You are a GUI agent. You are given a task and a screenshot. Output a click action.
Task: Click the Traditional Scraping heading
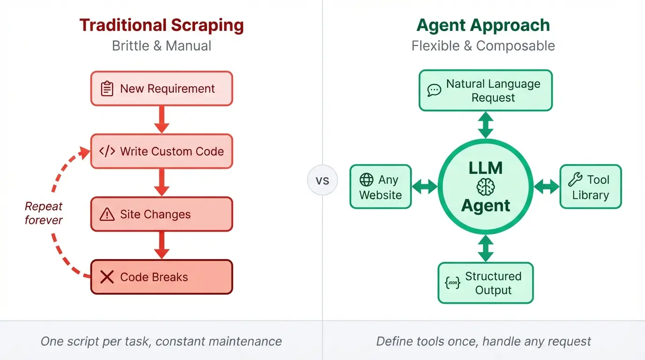click(161, 25)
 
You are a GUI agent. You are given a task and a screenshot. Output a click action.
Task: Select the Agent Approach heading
click(483, 25)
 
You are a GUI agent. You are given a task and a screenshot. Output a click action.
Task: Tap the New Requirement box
click(161, 89)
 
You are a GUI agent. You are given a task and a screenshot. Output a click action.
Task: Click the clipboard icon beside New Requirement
click(107, 89)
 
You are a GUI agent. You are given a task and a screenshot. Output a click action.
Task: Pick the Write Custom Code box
click(161, 151)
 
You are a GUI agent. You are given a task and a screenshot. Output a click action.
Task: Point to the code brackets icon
click(107, 151)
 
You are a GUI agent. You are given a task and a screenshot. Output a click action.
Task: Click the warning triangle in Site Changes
click(107, 214)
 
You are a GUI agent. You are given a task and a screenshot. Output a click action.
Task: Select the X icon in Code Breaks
click(107, 277)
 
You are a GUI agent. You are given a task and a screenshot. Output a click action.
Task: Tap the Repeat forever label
click(44, 213)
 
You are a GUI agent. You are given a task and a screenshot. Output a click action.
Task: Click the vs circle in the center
click(322, 180)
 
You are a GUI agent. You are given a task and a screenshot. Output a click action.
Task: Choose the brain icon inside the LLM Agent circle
click(486, 187)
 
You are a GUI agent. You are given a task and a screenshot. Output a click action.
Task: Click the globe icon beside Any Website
click(366, 180)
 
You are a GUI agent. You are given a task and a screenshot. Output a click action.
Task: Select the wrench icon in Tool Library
click(575, 180)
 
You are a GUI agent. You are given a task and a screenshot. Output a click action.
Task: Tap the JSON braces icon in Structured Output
click(452, 283)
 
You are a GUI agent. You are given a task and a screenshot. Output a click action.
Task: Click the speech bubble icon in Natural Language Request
click(435, 90)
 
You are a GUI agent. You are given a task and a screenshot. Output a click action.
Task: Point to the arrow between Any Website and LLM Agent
click(425, 187)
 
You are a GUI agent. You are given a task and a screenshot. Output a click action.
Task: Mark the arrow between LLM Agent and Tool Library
click(547, 187)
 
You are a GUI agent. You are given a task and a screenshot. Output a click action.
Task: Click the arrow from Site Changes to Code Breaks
click(161, 245)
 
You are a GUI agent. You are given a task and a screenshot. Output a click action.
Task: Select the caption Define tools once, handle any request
click(483, 341)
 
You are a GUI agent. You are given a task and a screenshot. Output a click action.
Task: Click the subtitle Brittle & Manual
click(161, 46)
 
